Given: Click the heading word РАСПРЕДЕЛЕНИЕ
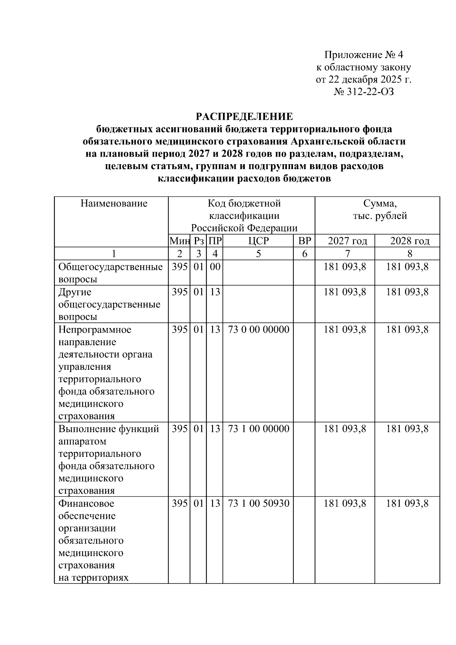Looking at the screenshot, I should coord(244,116).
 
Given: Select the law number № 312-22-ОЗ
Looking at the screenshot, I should coord(364,92).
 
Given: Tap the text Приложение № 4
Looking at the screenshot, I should coord(364,55).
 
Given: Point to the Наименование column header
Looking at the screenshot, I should coord(114,203).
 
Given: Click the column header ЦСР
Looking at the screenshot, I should coord(258,241).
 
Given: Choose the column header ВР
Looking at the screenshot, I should coord(304,241).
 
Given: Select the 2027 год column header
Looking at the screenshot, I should coord(347,241).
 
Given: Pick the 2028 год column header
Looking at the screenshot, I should coord(410,241).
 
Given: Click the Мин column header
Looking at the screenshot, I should coord(179,241).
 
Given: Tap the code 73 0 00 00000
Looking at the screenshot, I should coord(258,330).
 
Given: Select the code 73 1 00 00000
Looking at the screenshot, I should coord(258,429).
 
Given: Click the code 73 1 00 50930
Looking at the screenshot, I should coord(258,504).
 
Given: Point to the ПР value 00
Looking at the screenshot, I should coord(215,267).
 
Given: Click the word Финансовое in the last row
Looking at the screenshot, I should coord(86,504).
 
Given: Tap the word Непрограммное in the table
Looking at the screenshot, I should coord(95,330).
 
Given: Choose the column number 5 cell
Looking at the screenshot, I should coord(258,254).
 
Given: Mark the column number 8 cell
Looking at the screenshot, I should coord(410,254).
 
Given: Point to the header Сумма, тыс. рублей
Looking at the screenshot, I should coord(380,209).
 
